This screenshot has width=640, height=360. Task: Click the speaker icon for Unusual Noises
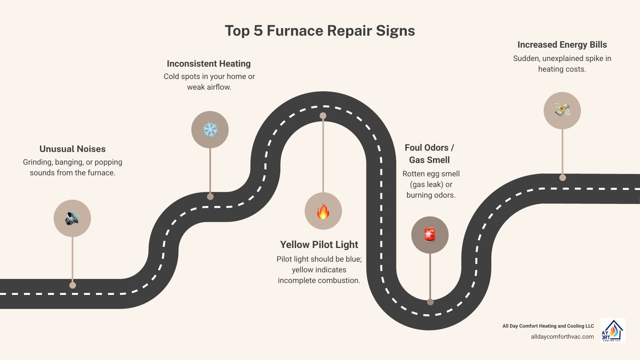pos(72,218)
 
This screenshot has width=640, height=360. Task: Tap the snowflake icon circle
pos(210,130)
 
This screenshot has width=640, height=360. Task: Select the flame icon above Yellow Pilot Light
pos(323,211)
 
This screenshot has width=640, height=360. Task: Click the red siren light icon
pos(430,235)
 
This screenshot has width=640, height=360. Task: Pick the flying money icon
pos(562,110)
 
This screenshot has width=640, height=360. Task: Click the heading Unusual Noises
pos(72,149)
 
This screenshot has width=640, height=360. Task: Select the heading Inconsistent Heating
pos(209,64)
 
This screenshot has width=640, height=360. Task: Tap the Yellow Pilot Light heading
pos(319,245)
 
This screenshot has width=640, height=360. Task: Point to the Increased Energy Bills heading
pos(562,45)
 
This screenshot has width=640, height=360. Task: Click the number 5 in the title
pos(258,31)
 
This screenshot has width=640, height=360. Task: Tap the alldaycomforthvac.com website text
pos(562,337)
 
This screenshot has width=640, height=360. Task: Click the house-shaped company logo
pos(613,330)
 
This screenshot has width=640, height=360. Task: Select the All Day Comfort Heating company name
pos(548,326)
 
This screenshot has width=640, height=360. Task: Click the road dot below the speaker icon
pos(73,285)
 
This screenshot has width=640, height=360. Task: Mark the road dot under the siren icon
pos(430,302)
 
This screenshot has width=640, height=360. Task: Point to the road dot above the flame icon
pos(323,116)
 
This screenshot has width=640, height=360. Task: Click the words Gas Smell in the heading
pos(429,160)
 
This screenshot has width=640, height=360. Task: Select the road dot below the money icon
pos(563,178)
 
